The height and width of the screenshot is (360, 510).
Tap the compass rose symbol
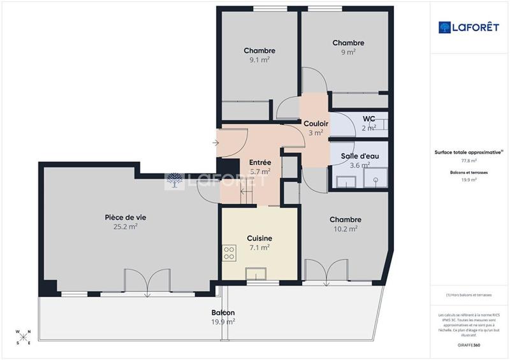23,336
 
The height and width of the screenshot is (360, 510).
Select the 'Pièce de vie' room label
121,217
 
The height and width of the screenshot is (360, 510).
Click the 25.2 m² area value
121,226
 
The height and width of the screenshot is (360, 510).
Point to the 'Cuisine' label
259,238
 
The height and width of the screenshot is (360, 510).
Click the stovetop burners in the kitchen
229,253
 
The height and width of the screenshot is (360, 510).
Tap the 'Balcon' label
223,313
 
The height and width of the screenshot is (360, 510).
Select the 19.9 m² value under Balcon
223,322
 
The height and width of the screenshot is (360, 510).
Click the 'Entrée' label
260,162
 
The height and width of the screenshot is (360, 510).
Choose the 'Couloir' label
316,124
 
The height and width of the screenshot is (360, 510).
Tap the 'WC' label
368,119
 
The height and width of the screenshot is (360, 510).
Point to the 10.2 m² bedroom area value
346,229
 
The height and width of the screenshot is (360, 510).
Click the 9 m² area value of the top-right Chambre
348,52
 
